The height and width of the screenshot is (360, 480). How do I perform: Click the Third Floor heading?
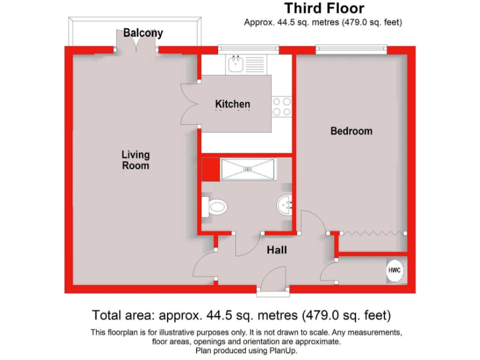(324, 9)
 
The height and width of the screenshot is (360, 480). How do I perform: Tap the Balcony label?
(143, 33)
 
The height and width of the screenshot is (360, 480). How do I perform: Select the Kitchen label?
(232, 104)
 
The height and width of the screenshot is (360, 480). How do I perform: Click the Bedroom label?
(351, 131)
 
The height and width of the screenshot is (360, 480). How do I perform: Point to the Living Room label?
(136, 160)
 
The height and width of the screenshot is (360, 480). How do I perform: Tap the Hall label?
(277, 250)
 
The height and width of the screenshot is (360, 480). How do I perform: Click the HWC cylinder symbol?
(394, 271)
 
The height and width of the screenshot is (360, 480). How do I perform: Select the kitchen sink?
(237, 63)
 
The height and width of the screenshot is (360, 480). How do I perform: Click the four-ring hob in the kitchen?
(282, 106)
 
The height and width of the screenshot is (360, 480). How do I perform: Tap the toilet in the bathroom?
(216, 206)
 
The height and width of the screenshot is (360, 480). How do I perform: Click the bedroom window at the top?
(351, 49)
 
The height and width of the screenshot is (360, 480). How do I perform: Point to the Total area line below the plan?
(241, 315)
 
